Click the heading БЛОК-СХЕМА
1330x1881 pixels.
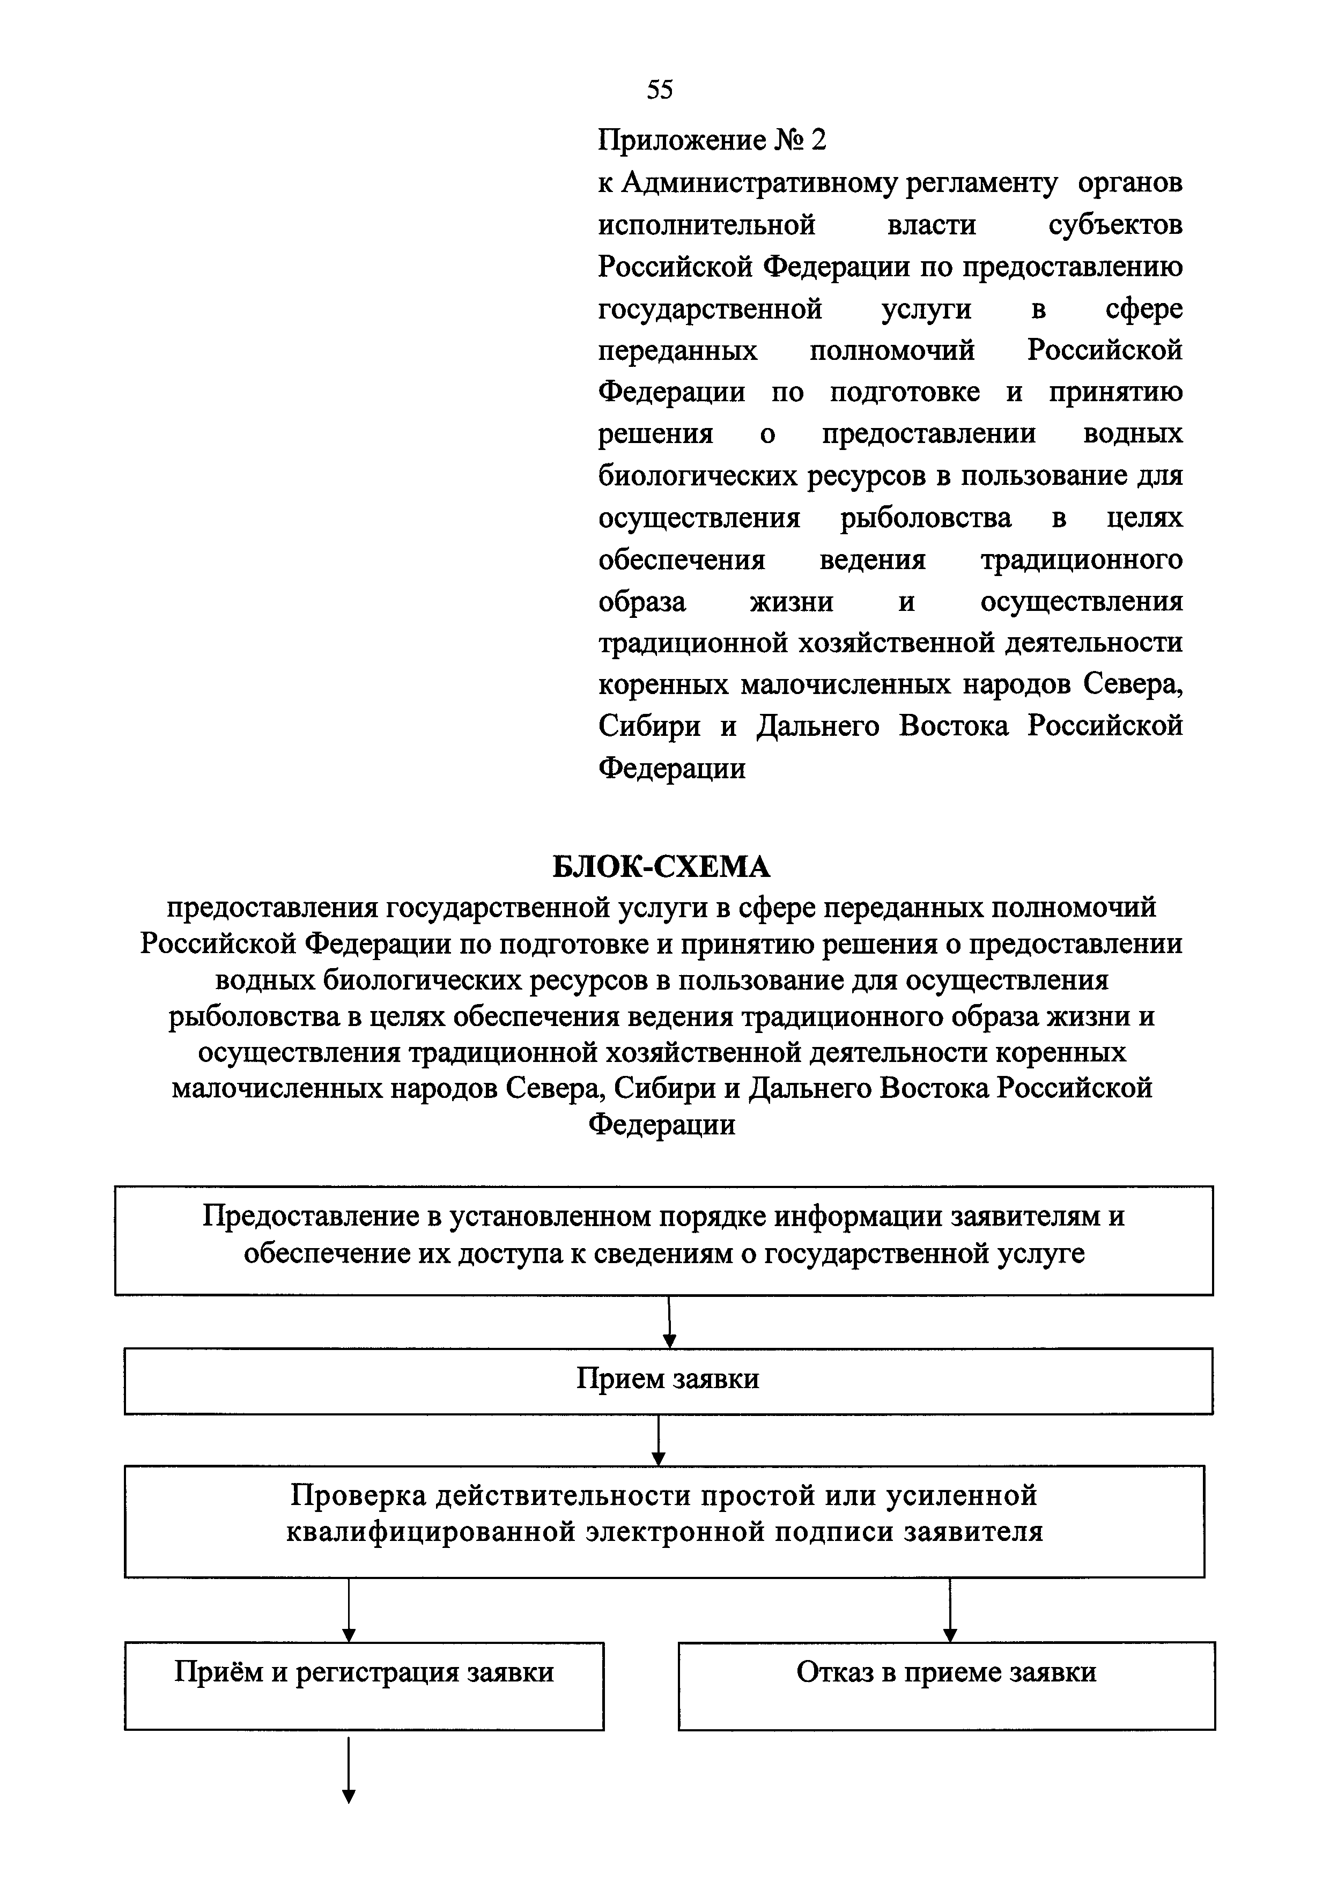point(662,866)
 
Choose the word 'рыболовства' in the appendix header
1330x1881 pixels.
point(926,518)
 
